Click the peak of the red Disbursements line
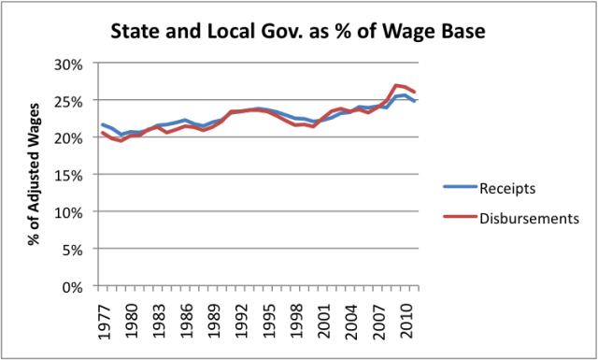click(x=397, y=85)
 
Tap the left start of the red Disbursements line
click(x=102, y=133)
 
